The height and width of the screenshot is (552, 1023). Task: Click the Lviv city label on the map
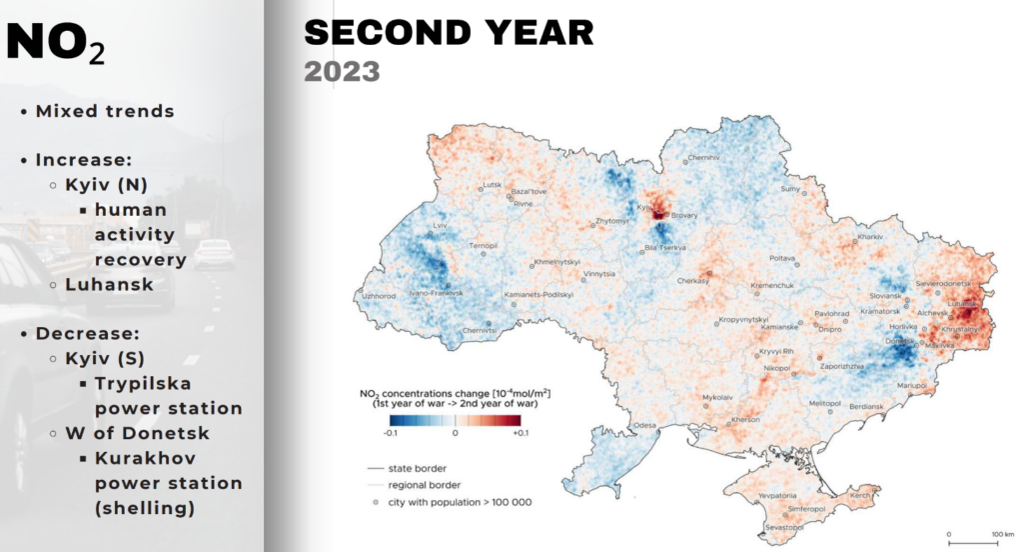pyautogui.click(x=440, y=227)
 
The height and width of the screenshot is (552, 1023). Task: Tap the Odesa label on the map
pyautogui.click(x=645, y=424)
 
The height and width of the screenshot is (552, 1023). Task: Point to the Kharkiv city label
pyautogui.click(x=871, y=237)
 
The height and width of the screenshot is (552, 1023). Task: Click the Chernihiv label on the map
pyautogui.click(x=703, y=158)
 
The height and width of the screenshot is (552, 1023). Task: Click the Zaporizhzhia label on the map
pyautogui.click(x=841, y=367)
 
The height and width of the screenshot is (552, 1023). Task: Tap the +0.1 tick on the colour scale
pyautogui.click(x=519, y=434)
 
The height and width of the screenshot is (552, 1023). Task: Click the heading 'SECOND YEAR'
pyautogui.click(x=449, y=32)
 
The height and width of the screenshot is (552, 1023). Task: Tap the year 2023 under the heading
pyautogui.click(x=342, y=71)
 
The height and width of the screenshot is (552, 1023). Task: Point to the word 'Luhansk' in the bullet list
pyautogui.click(x=110, y=284)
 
